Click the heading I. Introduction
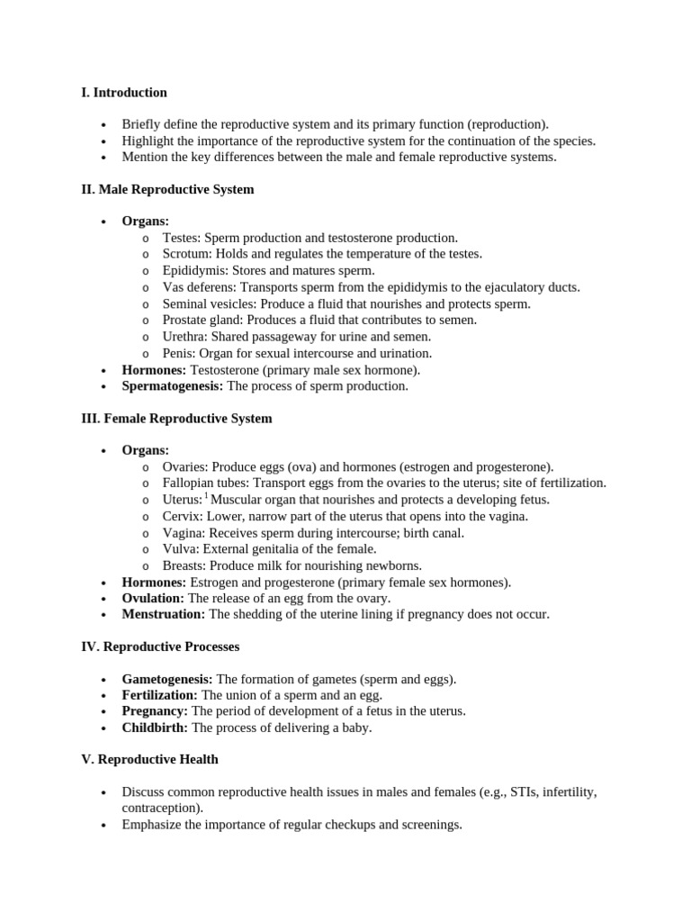point(124,93)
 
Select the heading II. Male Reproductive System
point(167,190)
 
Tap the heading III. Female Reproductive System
point(176,419)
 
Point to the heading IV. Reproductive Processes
point(160,646)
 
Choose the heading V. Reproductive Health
point(149,759)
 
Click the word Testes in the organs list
point(181,238)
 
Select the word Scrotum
point(186,254)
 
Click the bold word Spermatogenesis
point(172,386)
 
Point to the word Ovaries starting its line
point(184,466)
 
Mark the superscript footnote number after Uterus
point(206,495)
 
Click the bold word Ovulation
point(153,598)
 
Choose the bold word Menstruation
point(163,614)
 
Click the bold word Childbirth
point(155,728)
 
